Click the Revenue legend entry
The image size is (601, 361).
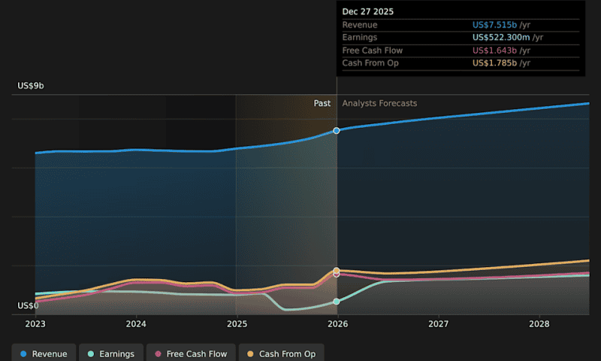[x=44, y=353]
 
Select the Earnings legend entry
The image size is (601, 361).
[x=111, y=353]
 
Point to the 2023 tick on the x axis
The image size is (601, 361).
[x=35, y=324]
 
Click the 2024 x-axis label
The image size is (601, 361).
[x=136, y=324]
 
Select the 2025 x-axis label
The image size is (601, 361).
[x=237, y=324]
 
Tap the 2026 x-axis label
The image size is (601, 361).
[x=337, y=324]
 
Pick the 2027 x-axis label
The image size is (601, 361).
[x=438, y=324]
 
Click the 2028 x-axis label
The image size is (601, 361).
[x=539, y=324]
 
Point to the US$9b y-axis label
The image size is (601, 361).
[x=31, y=86]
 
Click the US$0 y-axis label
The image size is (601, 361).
[x=28, y=306]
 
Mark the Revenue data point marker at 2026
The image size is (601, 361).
[x=337, y=131]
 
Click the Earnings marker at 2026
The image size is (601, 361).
[x=337, y=302]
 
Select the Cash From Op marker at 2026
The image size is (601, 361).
[x=337, y=270]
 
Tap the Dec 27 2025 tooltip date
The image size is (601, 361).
[x=367, y=12]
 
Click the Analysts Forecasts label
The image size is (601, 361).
[x=379, y=104]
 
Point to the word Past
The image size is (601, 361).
[x=322, y=104]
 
